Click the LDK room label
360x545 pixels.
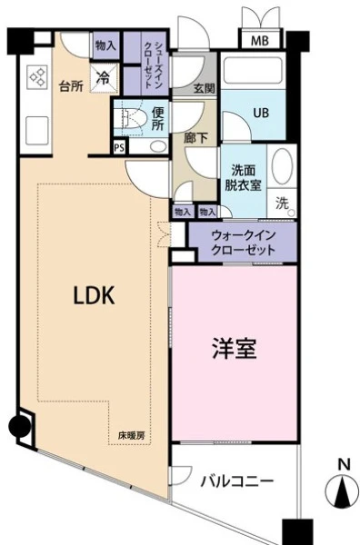click(94, 295)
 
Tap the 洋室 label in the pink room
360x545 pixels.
click(235, 349)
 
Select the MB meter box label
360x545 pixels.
click(260, 41)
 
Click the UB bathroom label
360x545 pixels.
click(261, 113)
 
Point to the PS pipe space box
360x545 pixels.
click(119, 147)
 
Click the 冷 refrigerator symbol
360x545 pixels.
click(104, 78)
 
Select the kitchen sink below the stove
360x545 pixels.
click(37, 130)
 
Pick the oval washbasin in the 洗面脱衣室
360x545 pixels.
click(282, 166)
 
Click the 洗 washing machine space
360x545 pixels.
click(282, 203)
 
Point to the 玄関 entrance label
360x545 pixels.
click(205, 89)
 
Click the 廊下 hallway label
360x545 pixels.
click(195, 138)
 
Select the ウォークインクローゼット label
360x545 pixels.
click(244, 243)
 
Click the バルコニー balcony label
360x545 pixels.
click(237, 481)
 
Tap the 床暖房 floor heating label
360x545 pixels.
click(131, 435)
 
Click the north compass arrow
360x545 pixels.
click(342, 490)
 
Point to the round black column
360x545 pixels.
click(19, 427)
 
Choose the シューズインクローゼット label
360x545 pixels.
click(152, 64)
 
